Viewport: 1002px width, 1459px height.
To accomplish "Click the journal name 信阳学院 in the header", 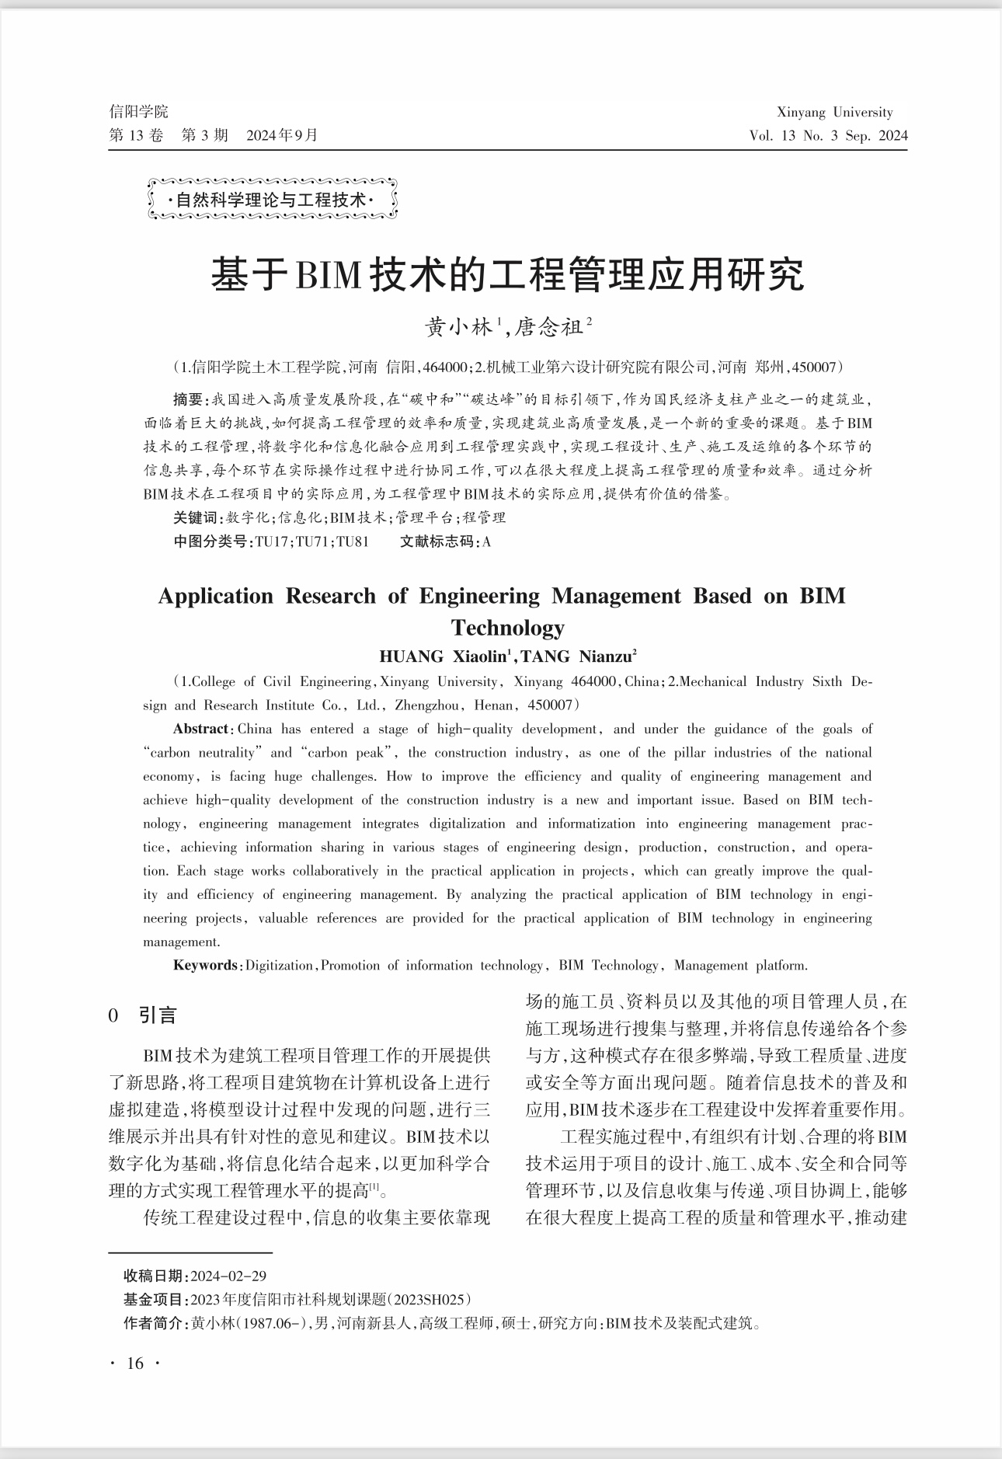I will pyautogui.click(x=138, y=112).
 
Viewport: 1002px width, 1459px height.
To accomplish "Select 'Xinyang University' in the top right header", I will pyautogui.click(x=834, y=112).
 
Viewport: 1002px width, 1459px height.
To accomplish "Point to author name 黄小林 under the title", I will pyautogui.click(x=459, y=327).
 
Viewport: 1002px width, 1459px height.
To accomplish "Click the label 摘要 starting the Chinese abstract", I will pyautogui.click(x=188, y=400).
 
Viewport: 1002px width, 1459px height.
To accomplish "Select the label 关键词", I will pyautogui.click(x=197, y=517).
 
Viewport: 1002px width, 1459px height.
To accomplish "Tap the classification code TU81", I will pyautogui.click(x=353, y=541).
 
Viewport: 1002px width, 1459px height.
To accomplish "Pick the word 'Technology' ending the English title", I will pyautogui.click(x=507, y=627).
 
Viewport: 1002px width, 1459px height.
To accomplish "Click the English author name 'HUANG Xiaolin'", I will pyautogui.click(x=442, y=656).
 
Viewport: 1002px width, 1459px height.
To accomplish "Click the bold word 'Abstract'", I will pyautogui.click(x=200, y=729).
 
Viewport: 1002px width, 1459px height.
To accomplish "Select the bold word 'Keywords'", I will pyautogui.click(x=206, y=966).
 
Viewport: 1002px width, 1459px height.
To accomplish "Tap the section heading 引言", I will pyautogui.click(x=158, y=1015).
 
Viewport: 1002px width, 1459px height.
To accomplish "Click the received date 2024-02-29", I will pyautogui.click(x=228, y=1276).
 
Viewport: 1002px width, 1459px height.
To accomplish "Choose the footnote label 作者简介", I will pyautogui.click(x=155, y=1323).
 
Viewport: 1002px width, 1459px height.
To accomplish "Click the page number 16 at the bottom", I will pyautogui.click(x=135, y=1363).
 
